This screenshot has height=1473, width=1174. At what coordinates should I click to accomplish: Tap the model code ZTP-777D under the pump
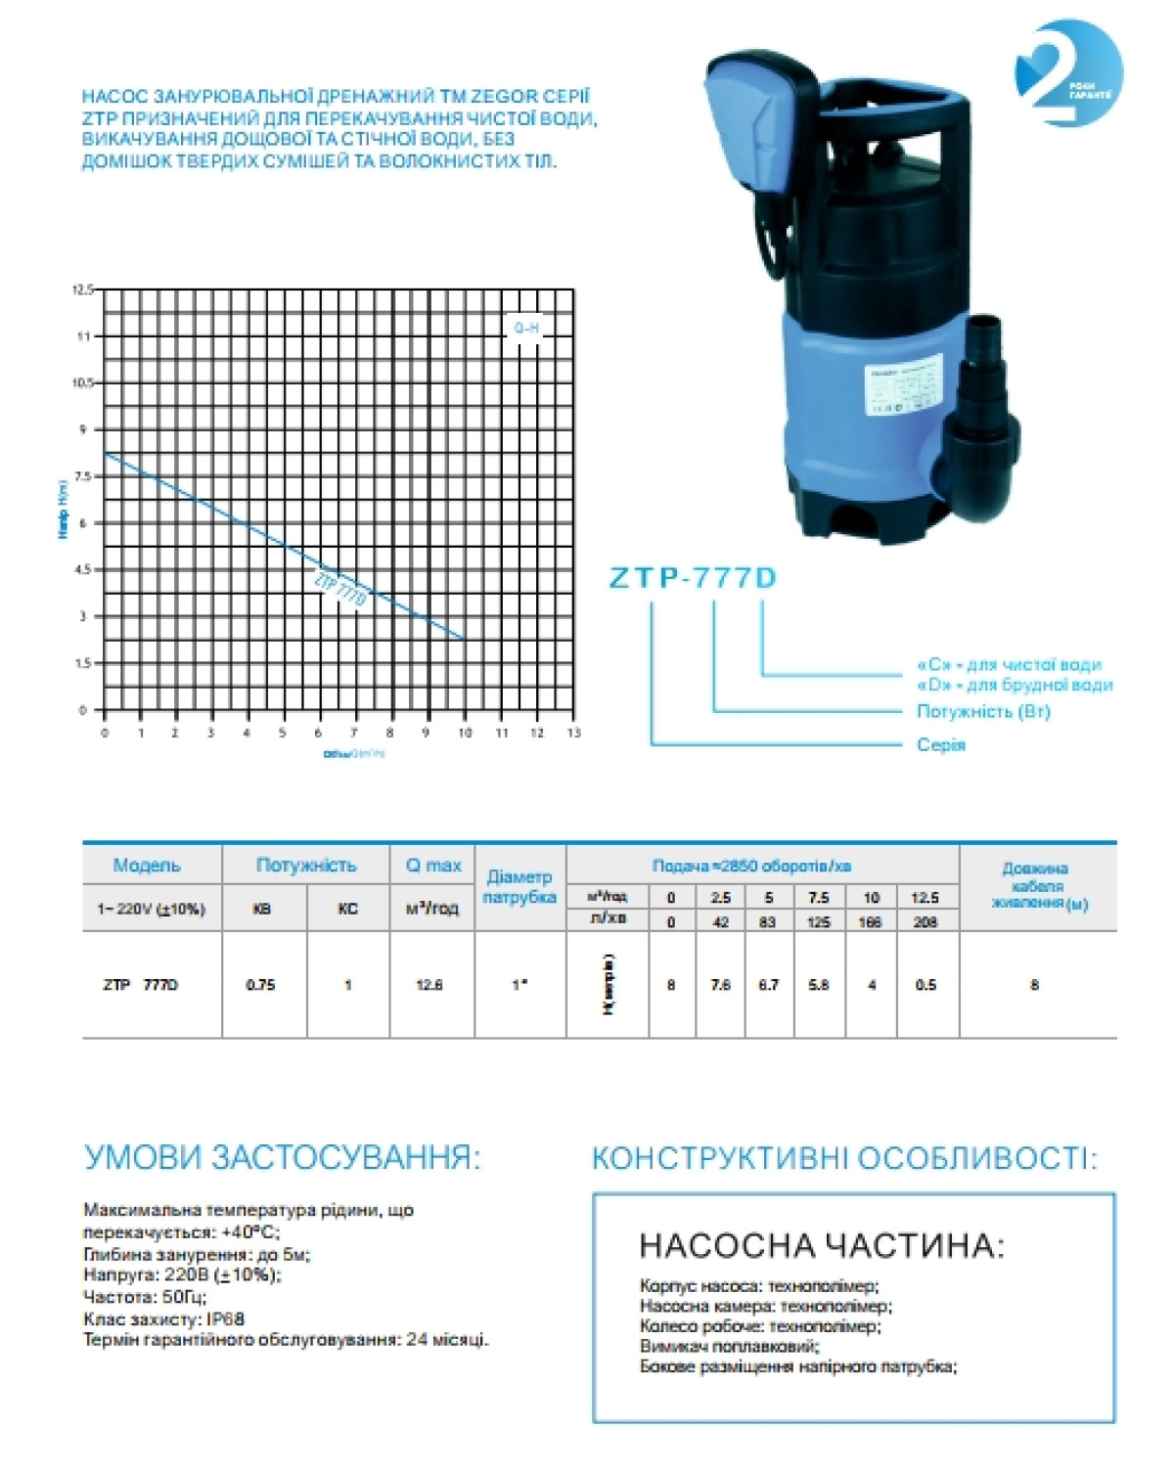[x=693, y=578]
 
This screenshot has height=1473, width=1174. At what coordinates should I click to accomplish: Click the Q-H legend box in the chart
[x=526, y=328]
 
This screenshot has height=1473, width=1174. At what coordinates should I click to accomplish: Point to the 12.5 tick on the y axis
[x=82, y=290]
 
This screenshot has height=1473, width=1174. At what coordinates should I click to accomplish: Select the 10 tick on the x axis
[x=465, y=733]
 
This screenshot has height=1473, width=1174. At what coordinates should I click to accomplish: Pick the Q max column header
[x=432, y=865]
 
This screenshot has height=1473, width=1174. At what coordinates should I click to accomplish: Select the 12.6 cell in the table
[x=429, y=985]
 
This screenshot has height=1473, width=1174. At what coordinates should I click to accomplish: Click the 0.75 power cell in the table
[x=261, y=985]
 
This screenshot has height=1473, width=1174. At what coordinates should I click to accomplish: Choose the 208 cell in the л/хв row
[x=925, y=921]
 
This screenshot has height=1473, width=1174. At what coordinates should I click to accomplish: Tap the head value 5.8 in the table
[x=819, y=985]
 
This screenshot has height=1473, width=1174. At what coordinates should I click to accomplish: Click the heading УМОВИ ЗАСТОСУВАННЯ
[x=283, y=1158]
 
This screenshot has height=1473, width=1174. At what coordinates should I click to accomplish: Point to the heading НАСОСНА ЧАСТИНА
[x=822, y=1245]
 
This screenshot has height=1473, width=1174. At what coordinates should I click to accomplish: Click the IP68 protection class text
[x=225, y=1318]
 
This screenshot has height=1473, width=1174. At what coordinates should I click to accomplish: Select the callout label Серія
[x=941, y=745]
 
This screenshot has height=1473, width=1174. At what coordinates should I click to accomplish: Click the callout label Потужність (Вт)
[x=983, y=711]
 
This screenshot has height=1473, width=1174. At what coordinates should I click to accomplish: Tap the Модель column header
[x=147, y=866]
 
